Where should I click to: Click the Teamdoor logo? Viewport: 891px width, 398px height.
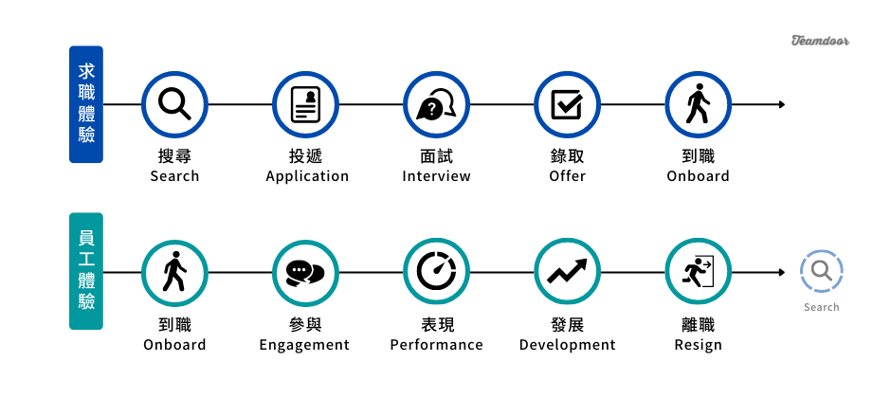click(x=820, y=41)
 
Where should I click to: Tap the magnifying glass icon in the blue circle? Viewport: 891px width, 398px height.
click(x=174, y=104)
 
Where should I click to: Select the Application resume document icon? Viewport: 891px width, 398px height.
click(x=305, y=104)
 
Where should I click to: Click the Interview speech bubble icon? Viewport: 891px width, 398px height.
click(x=436, y=104)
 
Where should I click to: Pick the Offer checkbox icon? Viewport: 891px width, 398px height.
click(x=567, y=104)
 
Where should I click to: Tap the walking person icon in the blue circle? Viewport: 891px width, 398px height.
click(x=698, y=104)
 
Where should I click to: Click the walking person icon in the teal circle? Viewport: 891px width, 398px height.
click(x=174, y=273)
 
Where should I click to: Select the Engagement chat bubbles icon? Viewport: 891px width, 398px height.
click(x=305, y=273)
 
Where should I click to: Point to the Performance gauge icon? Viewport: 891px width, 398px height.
click(x=436, y=273)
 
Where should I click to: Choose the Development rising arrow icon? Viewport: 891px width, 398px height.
click(x=567, y=273)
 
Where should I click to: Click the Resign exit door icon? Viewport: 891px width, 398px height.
click(x=698, y=273)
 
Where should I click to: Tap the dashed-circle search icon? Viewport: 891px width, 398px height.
click(x=821, y=272)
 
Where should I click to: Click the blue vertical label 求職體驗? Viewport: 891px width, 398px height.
click(x=86, y=104)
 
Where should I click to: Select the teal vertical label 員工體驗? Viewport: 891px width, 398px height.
click(x=86, y=273)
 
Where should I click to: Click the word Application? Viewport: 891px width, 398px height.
click(x=307, y=176)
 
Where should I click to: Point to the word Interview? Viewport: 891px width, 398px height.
click(x=436, y=176)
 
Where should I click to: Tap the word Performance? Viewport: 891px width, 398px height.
click(x=436, y=345)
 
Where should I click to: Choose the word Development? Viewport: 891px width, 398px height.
click(x=567, y=345)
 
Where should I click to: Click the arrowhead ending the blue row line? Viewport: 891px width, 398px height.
click(x=782, y=104)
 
